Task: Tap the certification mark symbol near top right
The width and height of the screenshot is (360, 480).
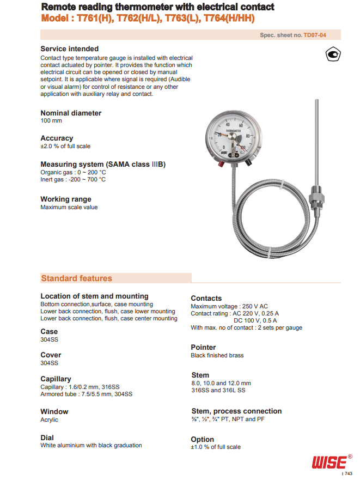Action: click(x=333, y=54)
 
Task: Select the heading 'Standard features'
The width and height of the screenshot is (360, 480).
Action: click(x=76, y=278)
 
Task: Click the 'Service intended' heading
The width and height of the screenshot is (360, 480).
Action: click(x=70, y=49)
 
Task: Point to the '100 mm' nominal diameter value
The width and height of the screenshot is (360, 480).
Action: click(x=51, y=121)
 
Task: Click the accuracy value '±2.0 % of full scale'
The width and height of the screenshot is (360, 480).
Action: click(x=65, y=146)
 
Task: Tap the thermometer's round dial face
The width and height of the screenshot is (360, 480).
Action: click(x=234, y=136)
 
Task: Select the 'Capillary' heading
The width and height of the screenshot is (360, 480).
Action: click(x=56, y=379)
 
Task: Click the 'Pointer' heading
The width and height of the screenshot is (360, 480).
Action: click(x=203, y=347)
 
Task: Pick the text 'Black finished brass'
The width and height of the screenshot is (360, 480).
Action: click(x=217, y=355)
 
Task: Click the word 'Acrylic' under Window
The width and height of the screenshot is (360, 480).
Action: click(x=49, y=420)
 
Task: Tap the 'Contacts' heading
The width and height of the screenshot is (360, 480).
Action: click(x=206, y=298)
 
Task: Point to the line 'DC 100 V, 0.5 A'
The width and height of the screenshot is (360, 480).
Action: click(x=256, y=320)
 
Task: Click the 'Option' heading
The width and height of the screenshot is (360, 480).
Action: click(x=202, y=439)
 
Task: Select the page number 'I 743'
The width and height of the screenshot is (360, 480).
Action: click(x=347, y=475)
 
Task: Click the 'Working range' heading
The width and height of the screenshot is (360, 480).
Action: click(x=66, y=199)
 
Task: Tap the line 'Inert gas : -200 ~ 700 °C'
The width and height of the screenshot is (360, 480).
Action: click(x=73, y=179)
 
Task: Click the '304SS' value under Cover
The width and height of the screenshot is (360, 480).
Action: click(x=49, y=363)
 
